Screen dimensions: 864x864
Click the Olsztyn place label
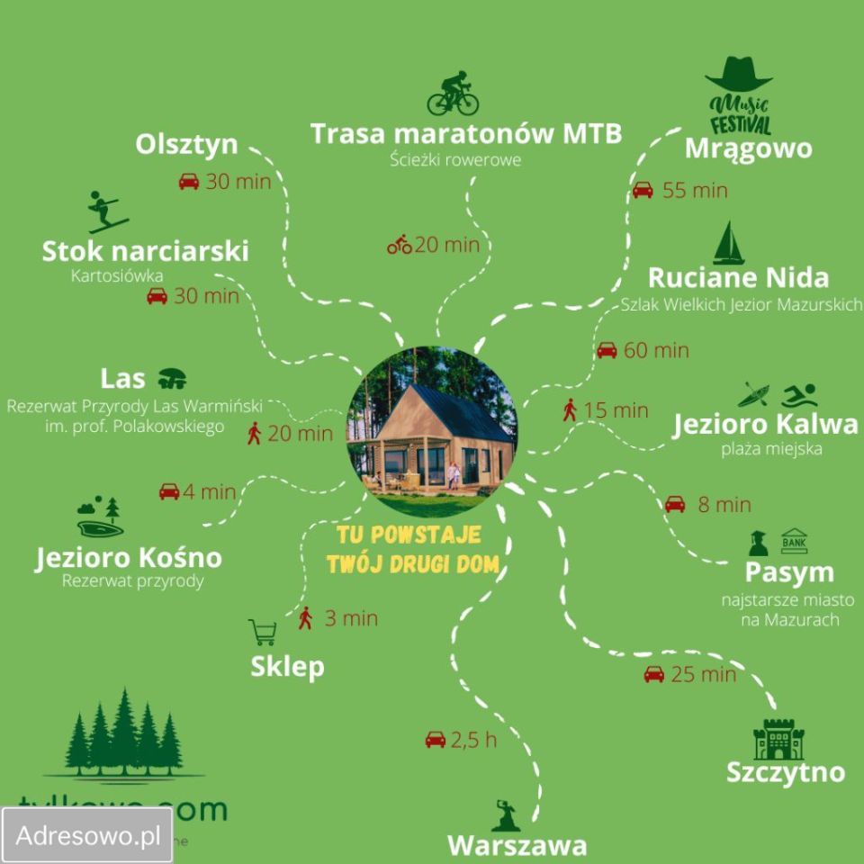click(x=187, y=145)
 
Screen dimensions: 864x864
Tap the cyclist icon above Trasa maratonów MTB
click(x=453, y=93)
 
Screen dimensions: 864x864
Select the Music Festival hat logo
click(x=739, y=95)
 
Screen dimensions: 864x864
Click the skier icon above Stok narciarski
click(x=106, y=212)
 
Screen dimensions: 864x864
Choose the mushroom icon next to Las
click(x=171, y=376)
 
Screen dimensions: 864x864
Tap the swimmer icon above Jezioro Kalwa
click(x=799, y=395)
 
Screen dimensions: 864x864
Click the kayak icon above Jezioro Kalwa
click(x=754, y=395)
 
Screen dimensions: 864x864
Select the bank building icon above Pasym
click(x=794, y=540)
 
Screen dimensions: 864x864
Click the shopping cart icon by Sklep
click(x=263, y=632)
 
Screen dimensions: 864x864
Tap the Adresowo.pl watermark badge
click(x=86, y=833)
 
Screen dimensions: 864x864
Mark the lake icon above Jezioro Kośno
click(x=98, y=518)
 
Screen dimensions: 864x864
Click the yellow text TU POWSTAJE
click(x=409, y=535)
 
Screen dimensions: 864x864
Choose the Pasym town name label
click(x=789, y=572)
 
